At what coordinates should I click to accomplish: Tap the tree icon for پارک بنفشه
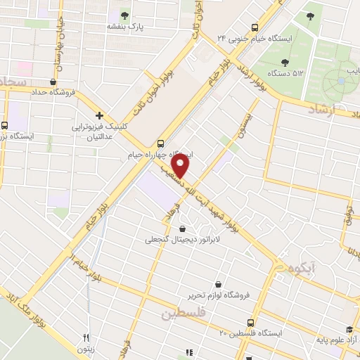click(x=125, y=15)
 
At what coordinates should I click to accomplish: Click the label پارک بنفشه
click(x=125, y=27)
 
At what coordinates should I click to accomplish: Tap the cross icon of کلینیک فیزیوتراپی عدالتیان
click(x=99, y=115)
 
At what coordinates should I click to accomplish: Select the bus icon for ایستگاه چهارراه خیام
click(x=162, y=141)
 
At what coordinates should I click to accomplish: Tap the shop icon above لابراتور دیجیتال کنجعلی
click(x=183, y=229)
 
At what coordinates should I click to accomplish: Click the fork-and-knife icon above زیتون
click(x=86, y=338)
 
